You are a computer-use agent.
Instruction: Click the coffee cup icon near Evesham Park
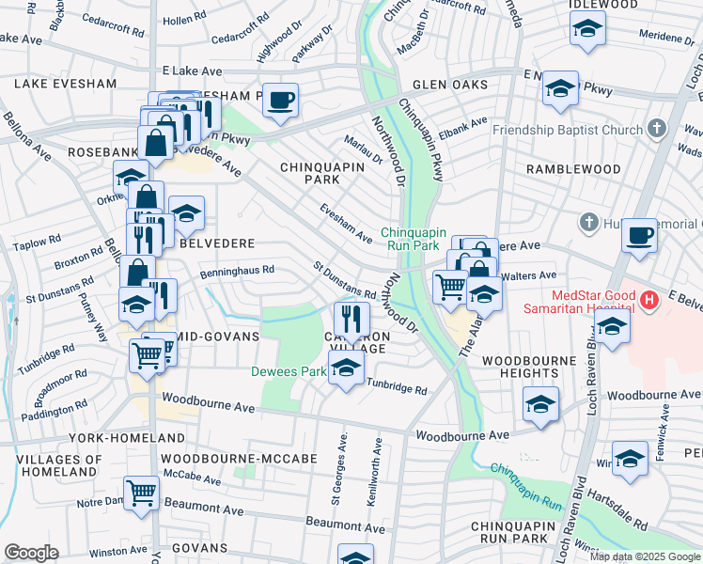point(279,100)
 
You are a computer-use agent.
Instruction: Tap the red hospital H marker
point(648,301)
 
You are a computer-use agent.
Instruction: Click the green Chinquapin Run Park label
point(411,239)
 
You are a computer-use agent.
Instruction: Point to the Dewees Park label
point(288,371)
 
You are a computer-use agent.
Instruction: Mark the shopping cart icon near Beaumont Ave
point(141,492)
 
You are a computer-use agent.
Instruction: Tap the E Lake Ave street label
point(192,71)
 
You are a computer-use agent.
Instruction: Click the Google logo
point(31,553)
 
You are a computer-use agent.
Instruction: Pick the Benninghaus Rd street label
point(237,270)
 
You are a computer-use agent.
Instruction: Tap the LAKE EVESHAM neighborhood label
point(65,84)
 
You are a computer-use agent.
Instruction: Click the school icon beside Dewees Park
point(346,368)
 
